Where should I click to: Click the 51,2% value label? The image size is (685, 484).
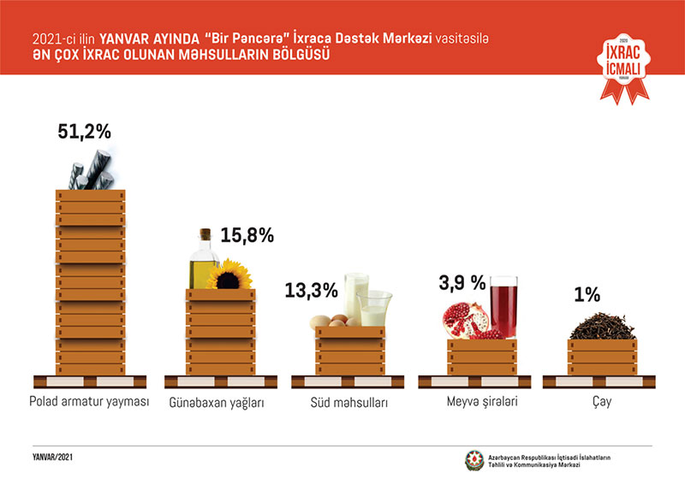tap(84, 132)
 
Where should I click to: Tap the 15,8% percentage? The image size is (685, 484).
tap(247, 236)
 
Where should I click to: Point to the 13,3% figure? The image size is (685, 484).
tap(311, 290)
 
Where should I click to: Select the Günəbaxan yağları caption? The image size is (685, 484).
tap(220, 402)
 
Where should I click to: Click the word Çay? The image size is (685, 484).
tap(604, 401)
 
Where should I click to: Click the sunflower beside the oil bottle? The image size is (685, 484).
tap(228, 275)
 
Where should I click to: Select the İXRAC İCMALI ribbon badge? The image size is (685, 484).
tap(623, 64)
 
